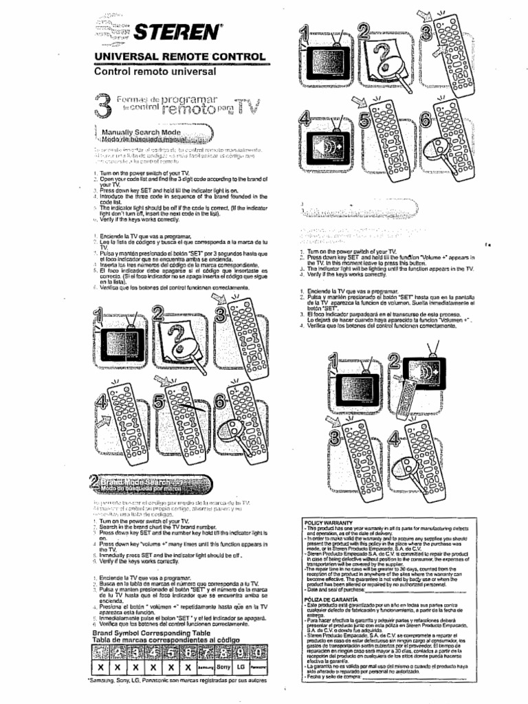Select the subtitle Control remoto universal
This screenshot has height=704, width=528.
click(x=148, y=71)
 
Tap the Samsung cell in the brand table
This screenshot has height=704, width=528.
click(x=205, y=667)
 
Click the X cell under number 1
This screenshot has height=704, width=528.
click(x=101, y=667)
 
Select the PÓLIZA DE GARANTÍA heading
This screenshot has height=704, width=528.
click(x=333, y=599)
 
